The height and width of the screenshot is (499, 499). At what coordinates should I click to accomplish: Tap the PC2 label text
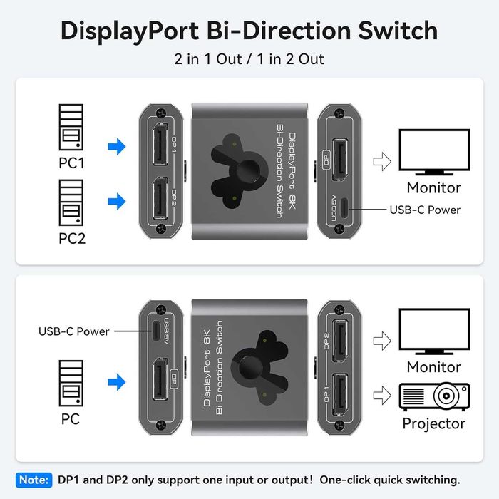[71, 237]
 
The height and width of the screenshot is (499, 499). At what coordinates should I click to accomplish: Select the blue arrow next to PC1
[115, 147]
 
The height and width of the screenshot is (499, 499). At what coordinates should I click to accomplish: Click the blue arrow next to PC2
[115, 202]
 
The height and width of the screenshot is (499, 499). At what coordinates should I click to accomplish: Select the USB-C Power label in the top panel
[425, 210]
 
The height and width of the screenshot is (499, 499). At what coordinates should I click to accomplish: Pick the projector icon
[433, 395]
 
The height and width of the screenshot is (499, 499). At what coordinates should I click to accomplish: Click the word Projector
[433, 423]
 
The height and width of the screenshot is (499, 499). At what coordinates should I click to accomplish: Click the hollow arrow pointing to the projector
[383, 395]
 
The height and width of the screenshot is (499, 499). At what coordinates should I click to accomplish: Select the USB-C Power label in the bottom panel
[73, 331]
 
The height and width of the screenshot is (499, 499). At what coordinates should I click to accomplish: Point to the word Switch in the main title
[387, 31]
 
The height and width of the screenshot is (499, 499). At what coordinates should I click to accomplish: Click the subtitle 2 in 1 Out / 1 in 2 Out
[249, 59]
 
